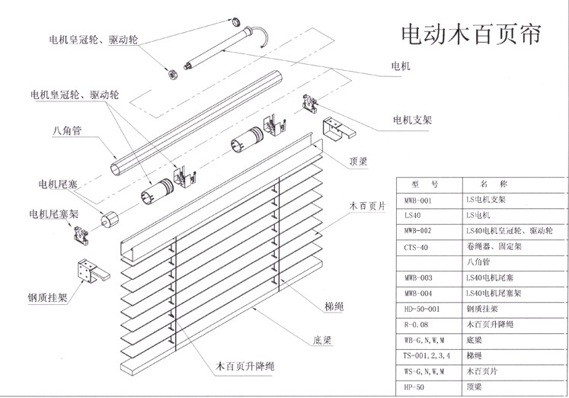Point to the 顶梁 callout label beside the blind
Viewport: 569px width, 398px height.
[x=359, y=162]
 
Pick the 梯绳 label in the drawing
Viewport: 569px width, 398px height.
[x=334, y=307]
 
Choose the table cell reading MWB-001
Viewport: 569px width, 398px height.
[x=417, y=201]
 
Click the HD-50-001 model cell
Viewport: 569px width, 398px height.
[x=420, y=310]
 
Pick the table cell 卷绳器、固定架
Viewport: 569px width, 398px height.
[x=492, y=247]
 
